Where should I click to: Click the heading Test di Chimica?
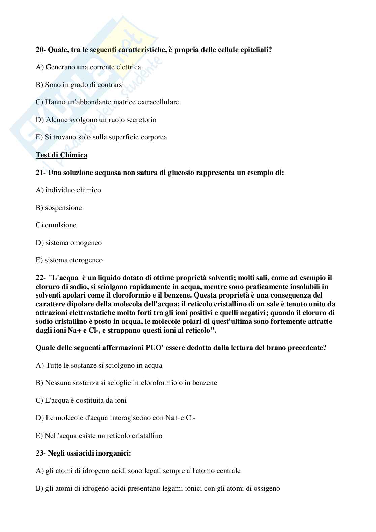pyautogui.click(x=61, y=155)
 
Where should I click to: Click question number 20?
pyautogui.click(x=40, y=50)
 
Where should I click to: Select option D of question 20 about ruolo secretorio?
pyautogui.click(x=96, y=120)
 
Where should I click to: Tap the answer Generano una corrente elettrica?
pyautogui.click(x=88, y=67)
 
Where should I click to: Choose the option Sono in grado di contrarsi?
pyautogui.click(x=80, y=85)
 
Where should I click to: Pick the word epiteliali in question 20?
pyautogui.click(x=256, y=50)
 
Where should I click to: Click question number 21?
pyautogui.click(x=39, y=173)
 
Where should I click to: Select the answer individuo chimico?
pyautogui.click(x=68, y=190)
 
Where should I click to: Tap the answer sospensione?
pyautogui.click(x=59, y=208)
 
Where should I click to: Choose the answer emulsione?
pyautogui.click(x=56, y=225)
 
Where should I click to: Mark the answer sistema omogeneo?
pyautogui.click(x=69, y=243)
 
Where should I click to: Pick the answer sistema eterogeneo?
pyautogui.click(x=69, y=260)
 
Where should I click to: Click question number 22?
pyautogui.click(x=39, y=278)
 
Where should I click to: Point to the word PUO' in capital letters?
pyautogui.click(x=155, y=348)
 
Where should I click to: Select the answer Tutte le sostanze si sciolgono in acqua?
pyautogui.click(x=99, y=365)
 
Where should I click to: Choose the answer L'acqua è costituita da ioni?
pyautogui.click(x=81, y=400)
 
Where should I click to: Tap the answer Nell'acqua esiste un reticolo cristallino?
pyautogui.click(x=99, y=436)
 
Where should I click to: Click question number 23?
pyautogui.click(x=39, y=453)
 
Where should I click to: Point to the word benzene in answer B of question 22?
pyautogui.click(x=205, y=383)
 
